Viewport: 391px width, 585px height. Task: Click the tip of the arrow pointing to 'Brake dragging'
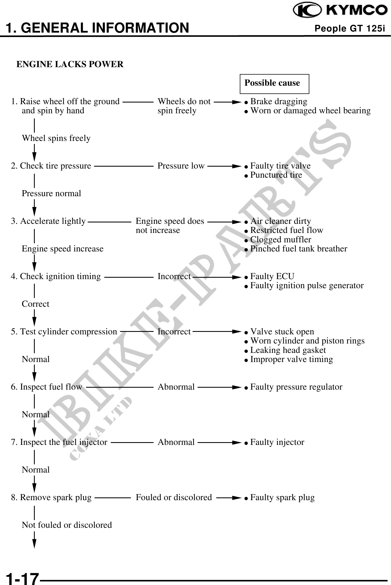[x=241, y=102]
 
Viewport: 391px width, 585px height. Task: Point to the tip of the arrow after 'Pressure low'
[x=241, y=166]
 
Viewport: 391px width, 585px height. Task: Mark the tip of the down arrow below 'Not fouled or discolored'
[x=34, y=548]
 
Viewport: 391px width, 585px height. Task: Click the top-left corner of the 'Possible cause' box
[x=240, y=74]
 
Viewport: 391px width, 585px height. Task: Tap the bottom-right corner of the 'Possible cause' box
[x=309, y=94]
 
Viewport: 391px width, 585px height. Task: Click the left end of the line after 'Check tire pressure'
[x=94, y=166]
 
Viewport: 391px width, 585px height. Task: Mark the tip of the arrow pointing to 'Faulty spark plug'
[x=241, y=498]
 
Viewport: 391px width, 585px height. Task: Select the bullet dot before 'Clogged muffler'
[x=246, y=240]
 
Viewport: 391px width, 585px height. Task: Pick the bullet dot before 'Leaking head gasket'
[x=246, y=351]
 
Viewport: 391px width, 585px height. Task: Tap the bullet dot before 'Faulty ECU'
[x=246, y=277]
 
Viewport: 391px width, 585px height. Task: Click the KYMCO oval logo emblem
[x=307, y=10]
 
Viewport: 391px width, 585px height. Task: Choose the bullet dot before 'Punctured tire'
[x=246, y=176]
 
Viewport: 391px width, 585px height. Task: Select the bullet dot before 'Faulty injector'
[x=246, y=443]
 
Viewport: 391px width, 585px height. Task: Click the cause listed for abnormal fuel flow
[x=296, y=387]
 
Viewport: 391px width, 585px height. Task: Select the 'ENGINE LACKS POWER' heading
[x=70, y=64]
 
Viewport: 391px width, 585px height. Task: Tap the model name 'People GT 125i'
[x=350, y=28]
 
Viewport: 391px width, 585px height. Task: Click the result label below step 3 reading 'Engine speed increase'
[x=63, y=249]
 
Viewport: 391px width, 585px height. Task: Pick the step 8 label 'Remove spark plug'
[x=56, y=498]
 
